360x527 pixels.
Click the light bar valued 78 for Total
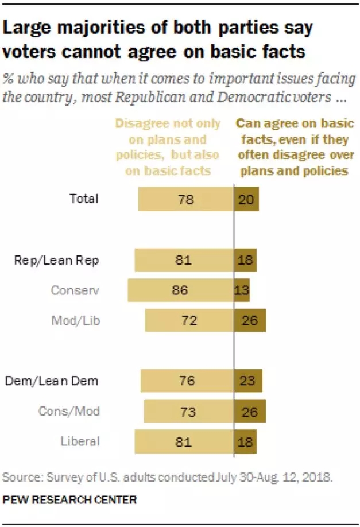point(185,200)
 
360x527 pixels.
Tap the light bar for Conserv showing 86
point(180,290)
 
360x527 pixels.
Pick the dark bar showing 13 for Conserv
point(242,290)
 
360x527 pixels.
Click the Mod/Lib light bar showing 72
point(189,320)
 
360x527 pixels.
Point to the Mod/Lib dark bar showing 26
point(250,320)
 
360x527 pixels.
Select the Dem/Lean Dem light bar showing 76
point(187,381)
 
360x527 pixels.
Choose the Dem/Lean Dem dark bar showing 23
point(248,381)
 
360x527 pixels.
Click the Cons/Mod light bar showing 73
point(188,412)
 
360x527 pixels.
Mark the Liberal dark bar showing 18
point(245,442)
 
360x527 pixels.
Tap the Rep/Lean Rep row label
point(56,261)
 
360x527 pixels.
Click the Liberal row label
point(80,441)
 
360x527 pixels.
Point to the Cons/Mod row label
point(69,411)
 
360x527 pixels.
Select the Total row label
point(84,199)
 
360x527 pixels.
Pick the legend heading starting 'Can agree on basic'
point(295,148)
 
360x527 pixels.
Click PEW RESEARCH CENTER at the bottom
point(69,500)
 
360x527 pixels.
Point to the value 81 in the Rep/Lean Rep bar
point(183,261)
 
